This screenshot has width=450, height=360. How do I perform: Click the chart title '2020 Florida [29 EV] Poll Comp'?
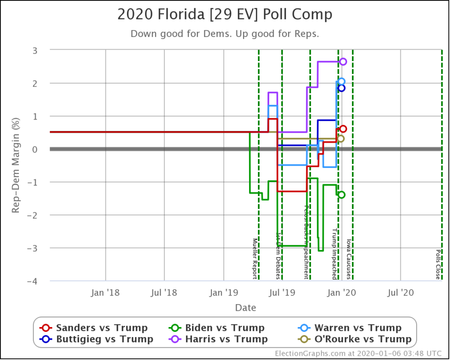click(225, 15)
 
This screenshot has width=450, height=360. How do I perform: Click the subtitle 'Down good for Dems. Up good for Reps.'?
click(225, 34)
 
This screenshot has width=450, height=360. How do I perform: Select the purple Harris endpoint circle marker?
click(343, 62)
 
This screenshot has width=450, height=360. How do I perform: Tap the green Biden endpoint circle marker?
click(341, 195)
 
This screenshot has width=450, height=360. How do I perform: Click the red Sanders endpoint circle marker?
click(343, 129)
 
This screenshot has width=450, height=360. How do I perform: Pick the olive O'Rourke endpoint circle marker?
click(341, 138)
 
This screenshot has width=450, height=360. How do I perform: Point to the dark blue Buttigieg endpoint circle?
click(341, 88)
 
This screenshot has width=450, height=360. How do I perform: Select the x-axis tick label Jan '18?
click(105, 292)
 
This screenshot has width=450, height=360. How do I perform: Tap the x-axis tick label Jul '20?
click(400, 292)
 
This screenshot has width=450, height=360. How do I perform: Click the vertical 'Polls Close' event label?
click(438, 264)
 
